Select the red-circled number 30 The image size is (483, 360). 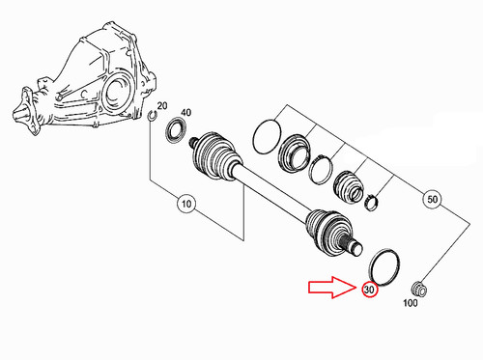coord(368,290)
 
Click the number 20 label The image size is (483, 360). coord(161,106)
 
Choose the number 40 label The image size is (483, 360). coord(185,114)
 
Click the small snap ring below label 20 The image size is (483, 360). coord(153,119)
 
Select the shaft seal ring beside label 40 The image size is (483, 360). coord(178,130)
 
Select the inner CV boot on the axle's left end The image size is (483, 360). coord(217,159)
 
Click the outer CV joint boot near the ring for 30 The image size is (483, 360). coord(328,233)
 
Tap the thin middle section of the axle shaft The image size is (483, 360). coord(274,193)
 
